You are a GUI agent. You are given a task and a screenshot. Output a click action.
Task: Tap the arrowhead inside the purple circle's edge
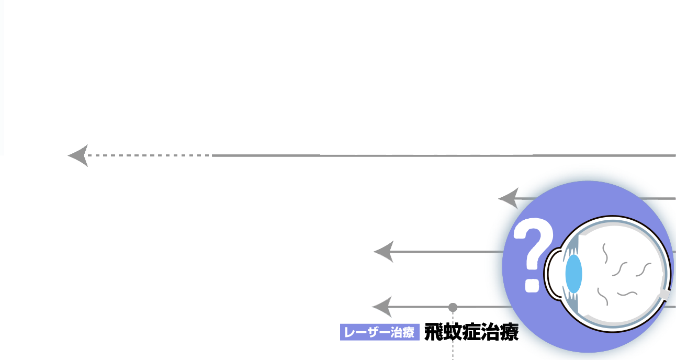click(508, 198)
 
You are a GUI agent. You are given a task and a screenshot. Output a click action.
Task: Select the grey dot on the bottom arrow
click(453, 307)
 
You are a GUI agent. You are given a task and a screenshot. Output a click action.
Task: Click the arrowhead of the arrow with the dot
click(382, 307)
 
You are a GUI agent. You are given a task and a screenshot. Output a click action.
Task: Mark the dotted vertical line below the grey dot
click(453, 340)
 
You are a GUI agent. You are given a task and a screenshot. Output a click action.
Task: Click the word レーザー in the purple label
click(366, 332)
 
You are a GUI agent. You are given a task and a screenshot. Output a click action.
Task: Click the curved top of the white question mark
click(534, 233)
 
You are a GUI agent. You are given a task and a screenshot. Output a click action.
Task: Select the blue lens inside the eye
click(573, 274)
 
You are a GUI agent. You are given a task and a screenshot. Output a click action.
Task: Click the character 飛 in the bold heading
click(435, 332)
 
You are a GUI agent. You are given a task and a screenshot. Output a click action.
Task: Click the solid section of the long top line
click(445, 155)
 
